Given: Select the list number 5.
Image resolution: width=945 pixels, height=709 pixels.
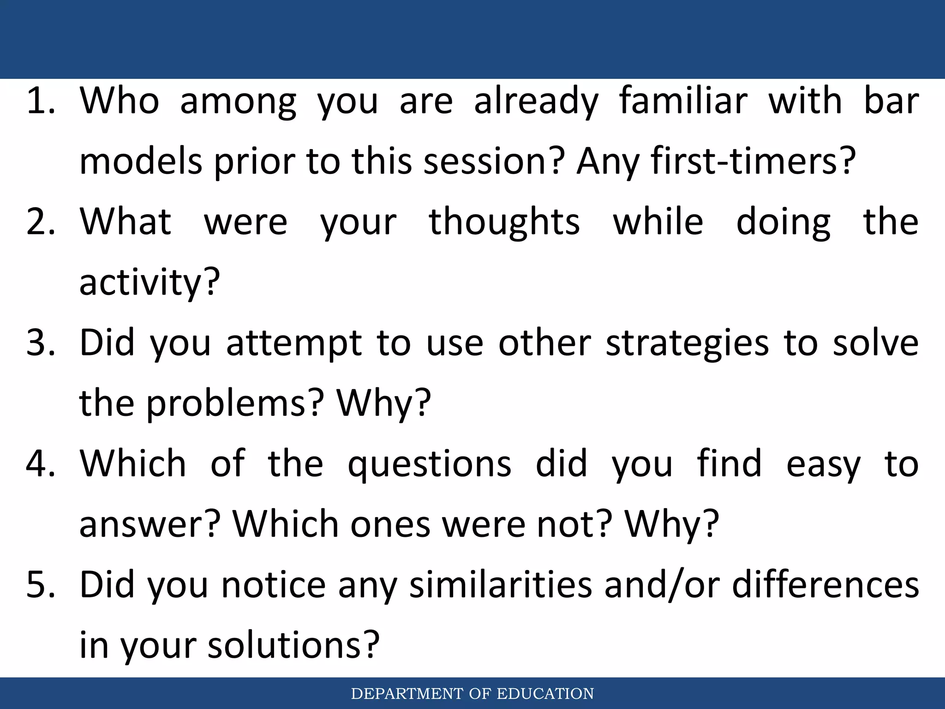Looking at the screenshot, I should [x=41, y=584].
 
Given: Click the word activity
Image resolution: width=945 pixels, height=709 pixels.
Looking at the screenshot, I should [x=149, y=282].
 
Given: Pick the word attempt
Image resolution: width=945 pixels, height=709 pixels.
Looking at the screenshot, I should [x=294, y=343].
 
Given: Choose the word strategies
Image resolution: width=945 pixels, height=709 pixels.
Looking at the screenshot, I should [x=687, y=344].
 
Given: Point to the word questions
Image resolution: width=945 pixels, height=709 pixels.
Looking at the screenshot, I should [x=429, y=464].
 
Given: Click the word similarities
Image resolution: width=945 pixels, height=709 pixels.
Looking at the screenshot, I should [x=500, y=584].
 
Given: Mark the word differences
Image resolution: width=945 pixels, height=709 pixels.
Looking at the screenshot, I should [x=825, y=584].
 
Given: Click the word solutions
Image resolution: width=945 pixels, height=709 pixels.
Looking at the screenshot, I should [x=293, y=645].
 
